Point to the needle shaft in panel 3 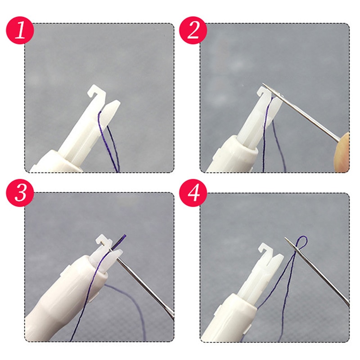click(148, 288)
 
